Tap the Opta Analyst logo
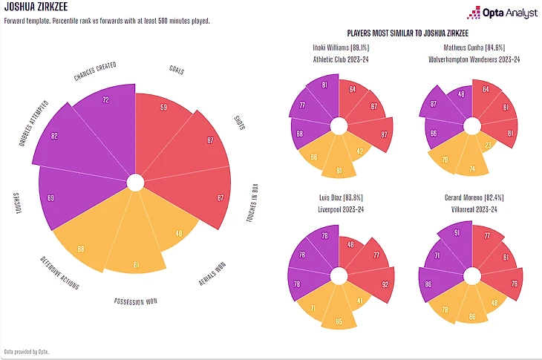point(497,12)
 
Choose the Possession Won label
point(134,301)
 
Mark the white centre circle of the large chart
point(134,182)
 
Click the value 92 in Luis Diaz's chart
point(385,283)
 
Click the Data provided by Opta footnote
point(27,350)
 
